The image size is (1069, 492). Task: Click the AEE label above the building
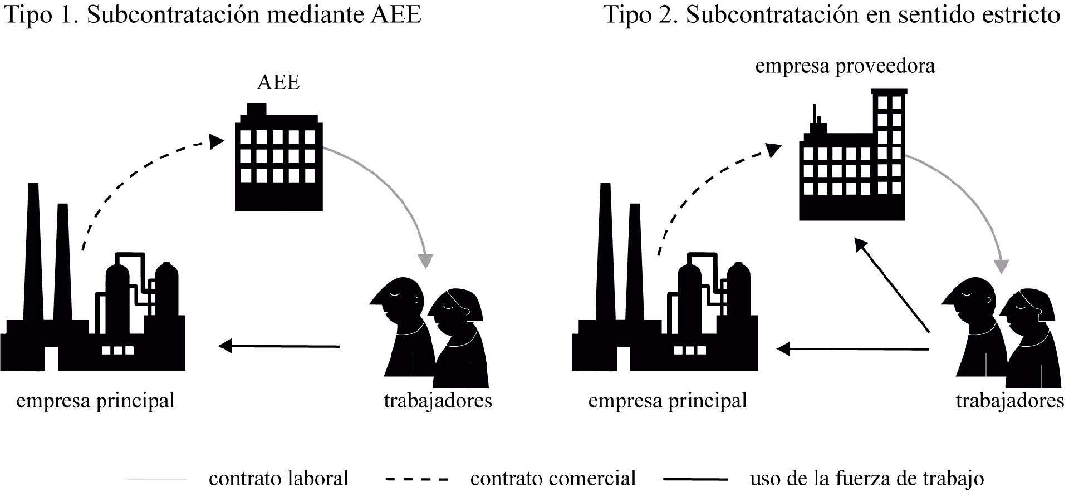click(x=278, y=82)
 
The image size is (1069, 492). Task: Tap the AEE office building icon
click(x=278, y=161)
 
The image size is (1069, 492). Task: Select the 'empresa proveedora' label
click(x=845, y=66)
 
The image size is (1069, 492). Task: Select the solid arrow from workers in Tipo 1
click(x=278, y=346)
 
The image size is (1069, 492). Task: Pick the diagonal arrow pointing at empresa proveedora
click(x=891, y=284)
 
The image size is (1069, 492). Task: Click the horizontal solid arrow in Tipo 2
click(x=852, y=349)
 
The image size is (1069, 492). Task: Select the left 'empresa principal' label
click(x=95, y=401)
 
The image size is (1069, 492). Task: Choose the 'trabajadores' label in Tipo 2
click(x=1009, y=401)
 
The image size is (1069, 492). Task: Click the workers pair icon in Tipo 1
click(x=429, y=334)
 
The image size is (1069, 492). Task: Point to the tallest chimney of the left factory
click(x=32, y=250)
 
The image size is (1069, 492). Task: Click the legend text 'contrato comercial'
click(x=553, y=478)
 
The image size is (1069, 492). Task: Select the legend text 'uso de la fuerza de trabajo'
click(x=866, y=478)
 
